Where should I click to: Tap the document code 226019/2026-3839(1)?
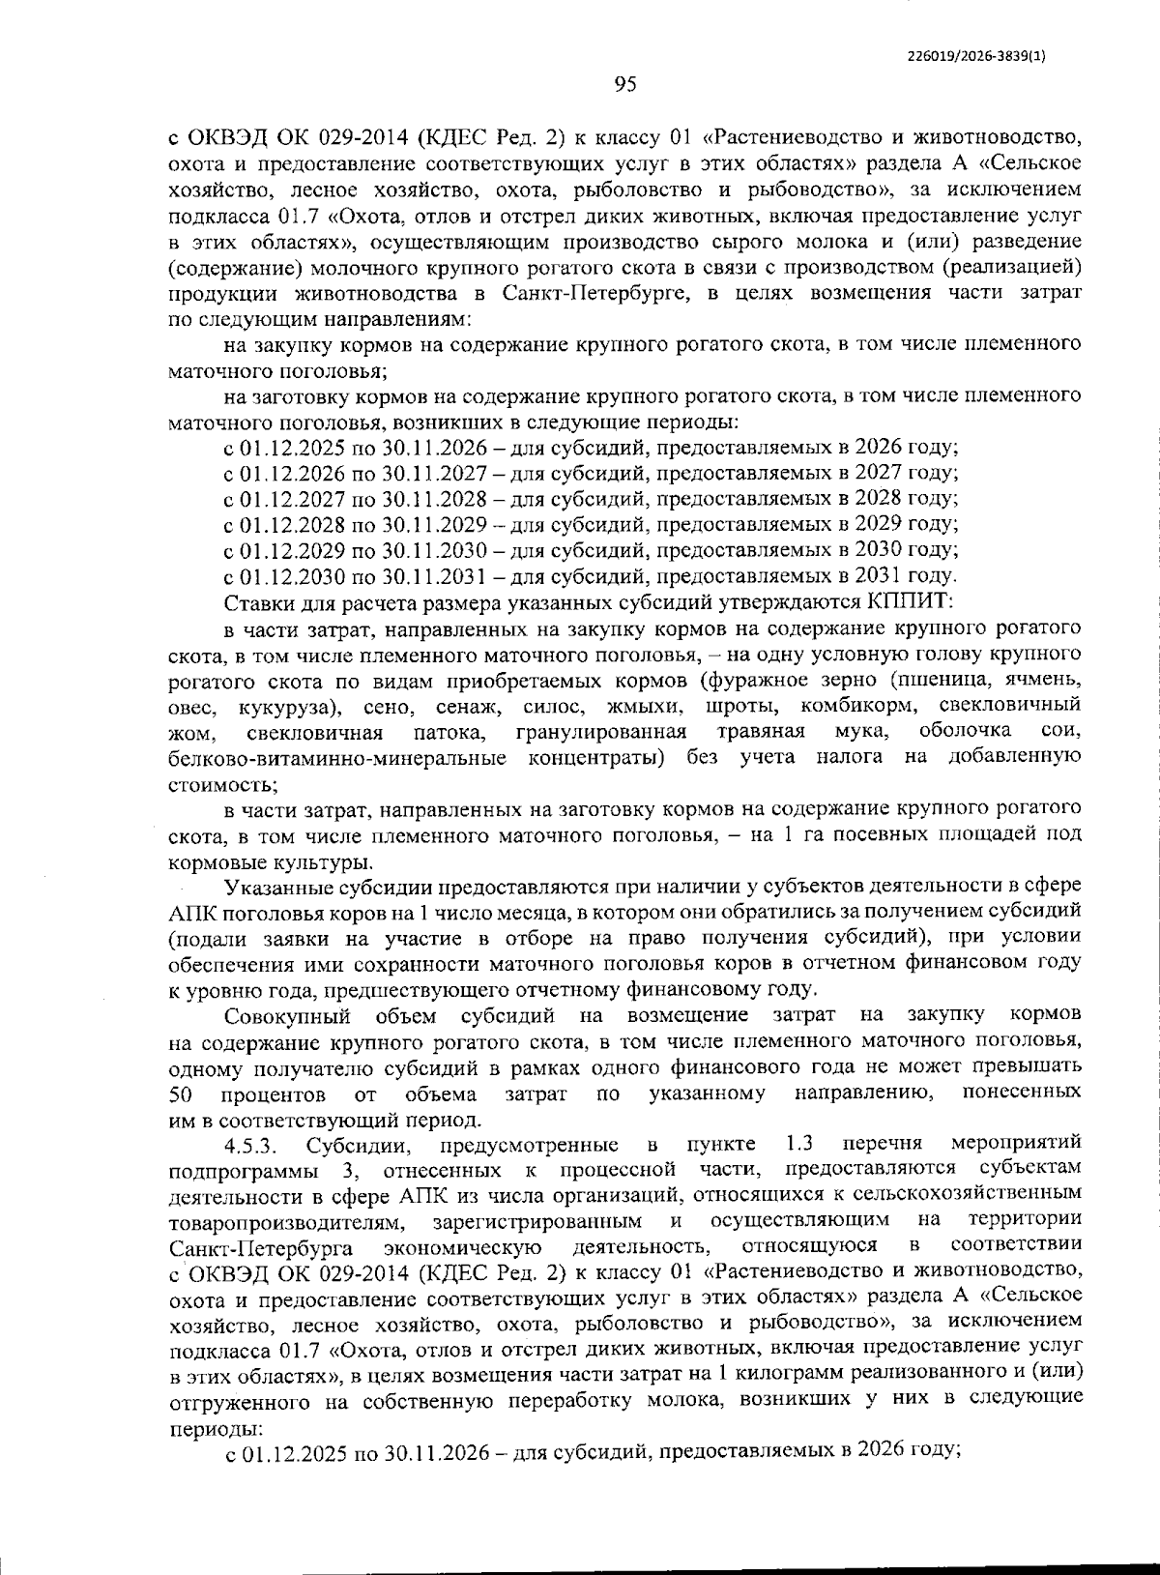coord(977,56)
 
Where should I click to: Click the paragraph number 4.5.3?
coord(251,1146)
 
